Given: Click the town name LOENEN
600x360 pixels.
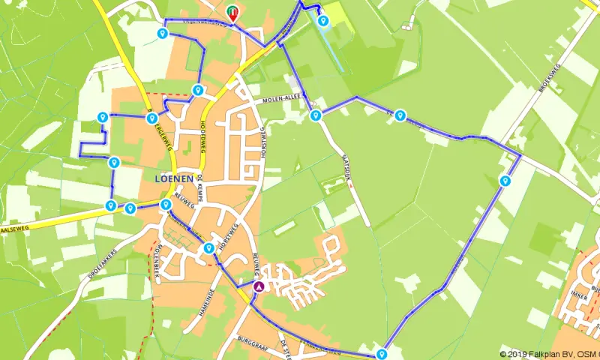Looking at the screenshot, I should click(x=172, y=179).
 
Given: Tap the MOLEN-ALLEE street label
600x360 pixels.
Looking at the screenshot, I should click(x=281, y=99).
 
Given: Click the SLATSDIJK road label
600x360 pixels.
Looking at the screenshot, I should click(x=352, y=169).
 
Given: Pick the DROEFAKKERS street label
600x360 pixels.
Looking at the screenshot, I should click(x=103, y=265).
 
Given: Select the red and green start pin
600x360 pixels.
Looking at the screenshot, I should click(x=232, y=12).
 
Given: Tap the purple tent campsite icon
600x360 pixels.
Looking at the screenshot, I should click(x=259, y=286).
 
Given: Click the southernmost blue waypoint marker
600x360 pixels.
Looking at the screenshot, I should click(x=382, y=354).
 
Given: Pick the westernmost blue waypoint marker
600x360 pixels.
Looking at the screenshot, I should click(x=102, y=117).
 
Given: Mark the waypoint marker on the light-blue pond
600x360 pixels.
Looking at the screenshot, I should click(x=323, y=21).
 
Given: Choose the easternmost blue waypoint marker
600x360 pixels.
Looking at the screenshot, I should click(x=505, y=180).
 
